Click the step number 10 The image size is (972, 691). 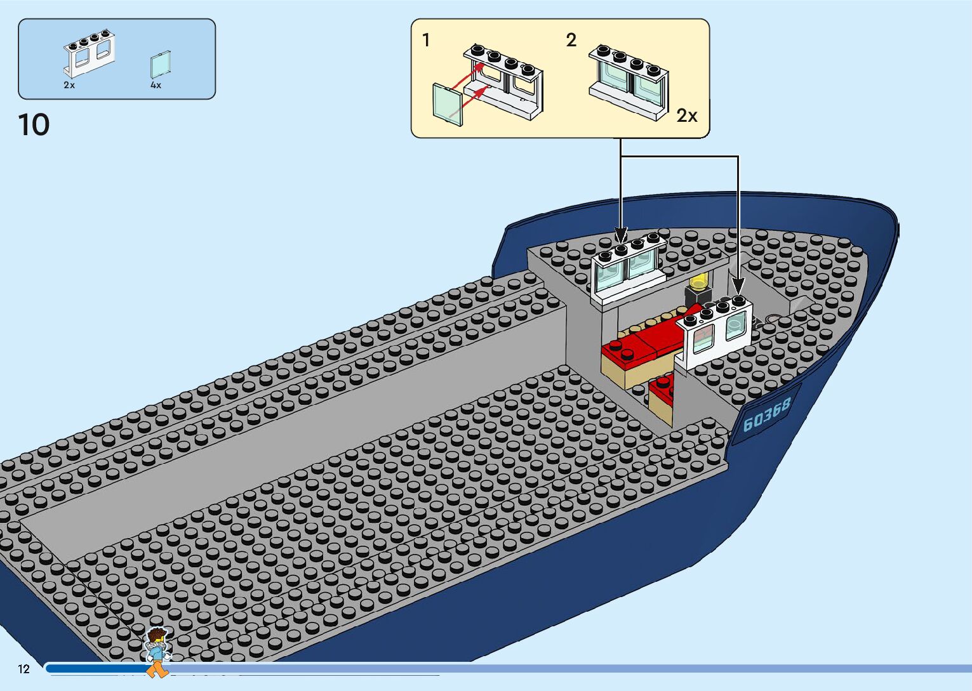pyautogui.click(x=34, y=125)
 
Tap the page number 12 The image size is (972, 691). pyautogui.click(x=24, y=669)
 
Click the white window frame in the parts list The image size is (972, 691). pyautogui.click(x=89, y=53)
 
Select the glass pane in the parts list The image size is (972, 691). pyautogui.click(x=161, y=65)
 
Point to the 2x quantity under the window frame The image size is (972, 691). pyautogui.click(x=69, y=85)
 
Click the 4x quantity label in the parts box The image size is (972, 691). pyautogui.click(x=156, y=85)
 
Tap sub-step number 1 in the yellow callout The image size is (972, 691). pyautogui.click(x=426, y=41)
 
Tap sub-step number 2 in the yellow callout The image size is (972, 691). pyautogui.click(x=571, y=41)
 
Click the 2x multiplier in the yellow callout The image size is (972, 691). pyautogui.click(x=686, y=115)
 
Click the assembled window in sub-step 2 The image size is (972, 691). pyautogui.click(x=629, y=79)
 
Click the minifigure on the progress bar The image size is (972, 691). pyautogui.click(x=157, y=651)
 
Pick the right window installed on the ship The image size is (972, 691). pyautogui.click(x=716, y=333)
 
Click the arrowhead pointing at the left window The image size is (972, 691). pyautogui.click(x=621, y=235)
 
